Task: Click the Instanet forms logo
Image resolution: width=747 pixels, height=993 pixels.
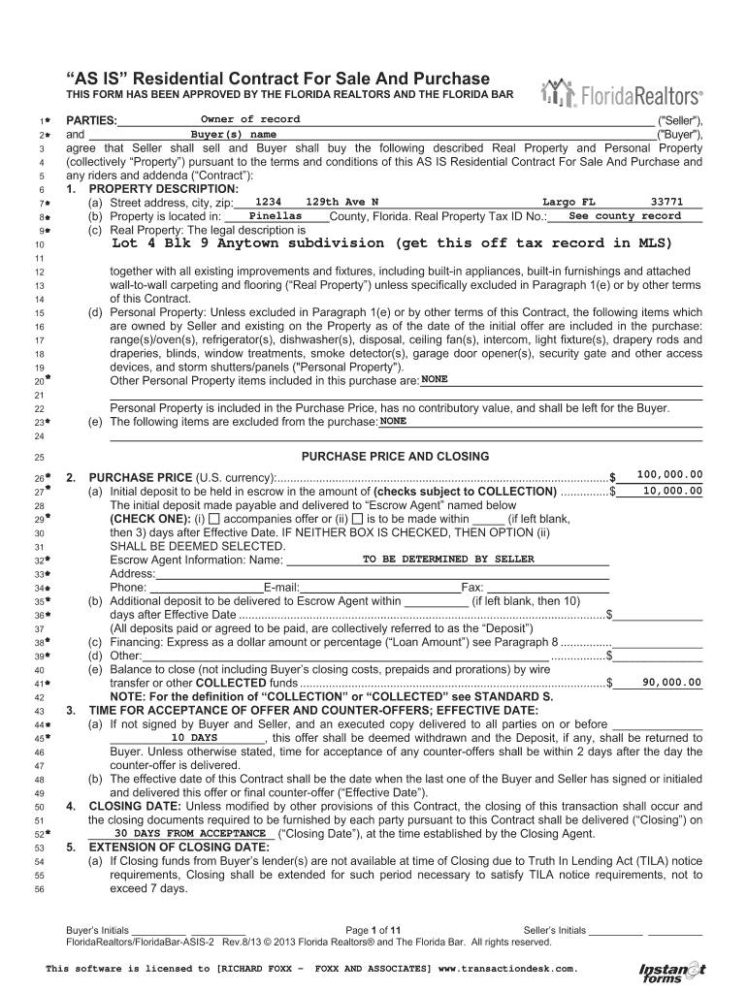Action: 671,971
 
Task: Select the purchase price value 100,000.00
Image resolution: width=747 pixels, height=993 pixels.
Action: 669,474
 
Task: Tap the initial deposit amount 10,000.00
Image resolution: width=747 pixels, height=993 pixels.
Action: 672,491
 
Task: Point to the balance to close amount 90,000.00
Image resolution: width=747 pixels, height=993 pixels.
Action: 672,683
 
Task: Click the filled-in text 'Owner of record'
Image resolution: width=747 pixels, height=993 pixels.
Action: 250,119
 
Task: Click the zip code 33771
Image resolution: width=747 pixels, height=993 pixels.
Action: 667,201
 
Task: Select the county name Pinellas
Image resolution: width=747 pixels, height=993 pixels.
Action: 276,215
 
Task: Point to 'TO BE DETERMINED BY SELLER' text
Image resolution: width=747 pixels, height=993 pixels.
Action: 448,559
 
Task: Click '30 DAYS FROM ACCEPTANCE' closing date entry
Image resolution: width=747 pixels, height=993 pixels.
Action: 190,833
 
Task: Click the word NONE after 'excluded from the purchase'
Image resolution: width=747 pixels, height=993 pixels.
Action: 394,422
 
